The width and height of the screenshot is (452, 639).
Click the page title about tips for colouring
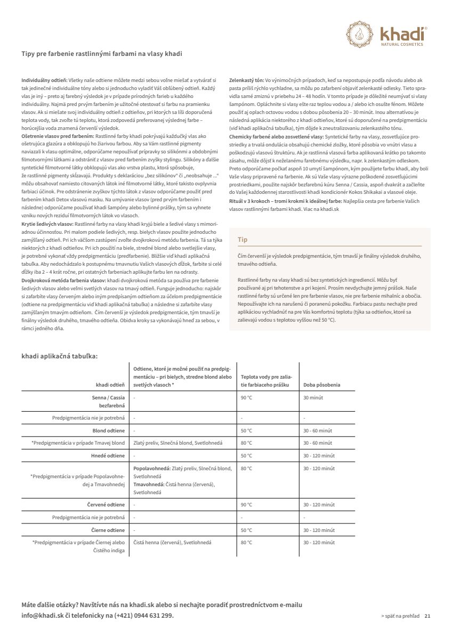[104, 54]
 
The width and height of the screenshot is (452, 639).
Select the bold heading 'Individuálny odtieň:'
[44, 79]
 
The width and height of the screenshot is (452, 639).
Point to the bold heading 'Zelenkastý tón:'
[246, 79]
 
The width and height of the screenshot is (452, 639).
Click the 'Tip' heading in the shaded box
[243, 240]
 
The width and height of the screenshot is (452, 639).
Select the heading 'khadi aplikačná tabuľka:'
[60, 356]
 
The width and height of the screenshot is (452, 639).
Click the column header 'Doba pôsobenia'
[321, 384]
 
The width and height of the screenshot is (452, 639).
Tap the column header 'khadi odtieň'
[110, 384]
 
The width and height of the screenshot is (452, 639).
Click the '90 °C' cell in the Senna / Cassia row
[246, 398]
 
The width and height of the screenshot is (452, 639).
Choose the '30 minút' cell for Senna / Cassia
[313, 398]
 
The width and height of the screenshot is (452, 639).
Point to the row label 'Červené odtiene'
[106, 504]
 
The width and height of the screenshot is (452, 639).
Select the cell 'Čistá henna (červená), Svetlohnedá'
[172, 543]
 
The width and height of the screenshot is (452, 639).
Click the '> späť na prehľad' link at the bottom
[400, 616]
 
